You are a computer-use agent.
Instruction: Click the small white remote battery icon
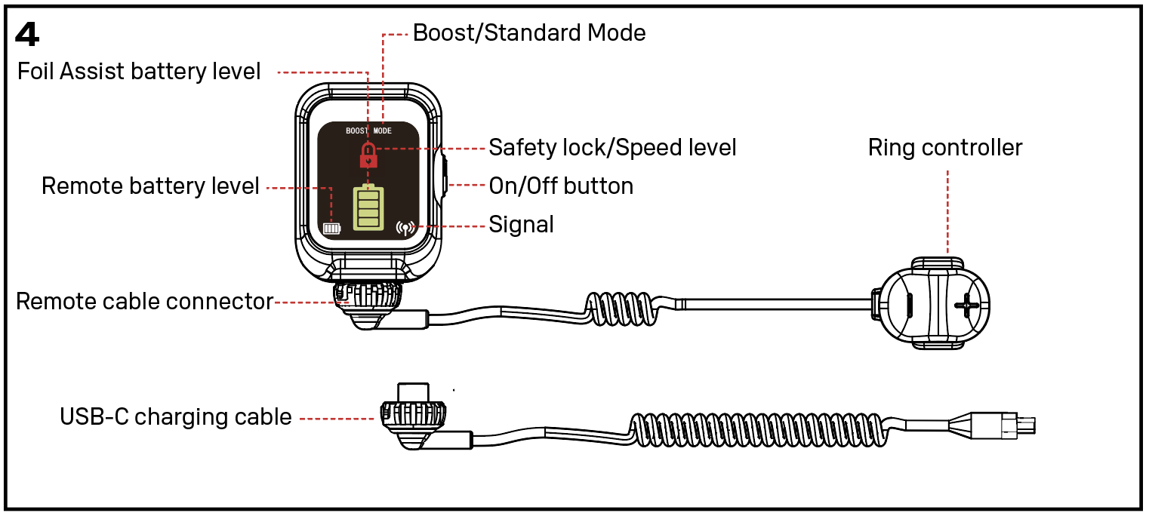[331, 227]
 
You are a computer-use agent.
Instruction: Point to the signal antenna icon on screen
[405, 226]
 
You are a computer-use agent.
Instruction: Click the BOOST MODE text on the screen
[368, 131]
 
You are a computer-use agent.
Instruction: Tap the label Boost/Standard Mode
[528, 33]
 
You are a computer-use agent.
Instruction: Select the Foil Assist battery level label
[139, 72]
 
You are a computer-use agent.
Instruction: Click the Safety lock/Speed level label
[612, 147]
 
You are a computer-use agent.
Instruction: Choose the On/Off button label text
[561, 186]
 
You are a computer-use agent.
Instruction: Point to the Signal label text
[521, 225]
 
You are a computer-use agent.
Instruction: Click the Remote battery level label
[150, 186]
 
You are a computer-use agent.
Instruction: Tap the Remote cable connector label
[144, 301]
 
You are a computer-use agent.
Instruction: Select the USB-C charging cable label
[175, 416]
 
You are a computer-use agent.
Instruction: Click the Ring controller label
[944, 147]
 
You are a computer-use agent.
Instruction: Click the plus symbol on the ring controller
[966, 306]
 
